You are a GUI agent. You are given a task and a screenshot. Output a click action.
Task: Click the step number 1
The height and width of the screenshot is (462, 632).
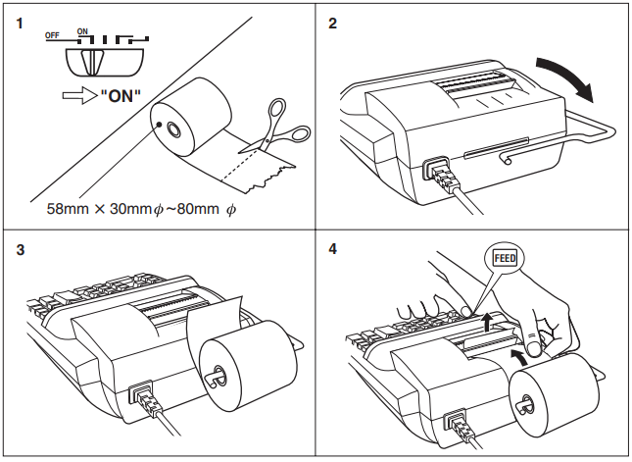coord(19,23)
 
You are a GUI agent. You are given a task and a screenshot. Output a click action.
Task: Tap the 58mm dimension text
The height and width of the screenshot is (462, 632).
coord(65,209)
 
